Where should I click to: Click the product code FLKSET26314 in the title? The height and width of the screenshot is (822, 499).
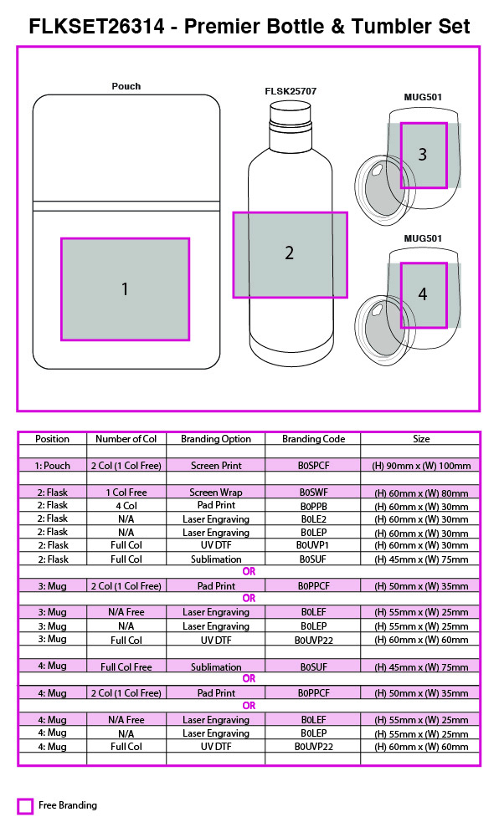pyautogui.click(x=96, y=26)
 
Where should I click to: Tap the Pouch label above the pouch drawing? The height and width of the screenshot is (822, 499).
pyautogui.click(x=126, y=86)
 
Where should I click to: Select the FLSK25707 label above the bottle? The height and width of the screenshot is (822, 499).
pyautogui.click(x=291, y=91)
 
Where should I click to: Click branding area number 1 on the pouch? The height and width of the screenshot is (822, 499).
pyautogui.click(x=125, y=289)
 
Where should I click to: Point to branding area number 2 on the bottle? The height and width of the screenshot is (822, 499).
pyautogui.click(x=291, y=255)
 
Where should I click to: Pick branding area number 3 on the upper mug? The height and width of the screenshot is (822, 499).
pyautogui.click(x=424, y=156)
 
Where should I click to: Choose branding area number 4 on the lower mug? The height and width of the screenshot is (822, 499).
pyautogui.click(x=424, y=295)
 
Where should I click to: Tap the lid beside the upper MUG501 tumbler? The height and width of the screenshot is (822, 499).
pyautogui.click(x=381, y=190)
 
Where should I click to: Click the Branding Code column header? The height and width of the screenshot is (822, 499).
pyautogui.click(x=313, y=439)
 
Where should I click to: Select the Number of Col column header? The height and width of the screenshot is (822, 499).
pyautogui.click(x=126, y=439)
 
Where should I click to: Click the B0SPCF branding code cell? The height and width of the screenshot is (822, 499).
pyautogui.click(x=313, y=466)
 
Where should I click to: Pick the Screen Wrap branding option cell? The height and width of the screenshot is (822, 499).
pyautogui.click(x=216, y=493)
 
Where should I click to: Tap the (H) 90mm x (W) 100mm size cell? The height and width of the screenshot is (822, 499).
pyautogui.click(x=421, y=466)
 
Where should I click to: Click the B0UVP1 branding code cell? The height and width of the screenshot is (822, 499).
pyautogui.click(x=313, y=545)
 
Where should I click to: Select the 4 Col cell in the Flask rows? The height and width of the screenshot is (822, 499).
pyautogui.click(x=126, y=506)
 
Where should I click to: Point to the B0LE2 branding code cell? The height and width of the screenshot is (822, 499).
pyautogui.click(x=313, y=519)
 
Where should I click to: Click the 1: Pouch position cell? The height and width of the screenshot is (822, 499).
pyautogui.click(x=53, y=466)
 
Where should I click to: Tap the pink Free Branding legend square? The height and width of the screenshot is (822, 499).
pyautogui.click(x=24, y=806)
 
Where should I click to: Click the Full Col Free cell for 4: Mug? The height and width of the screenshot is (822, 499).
pyautogui.click(x=126, y=666)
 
